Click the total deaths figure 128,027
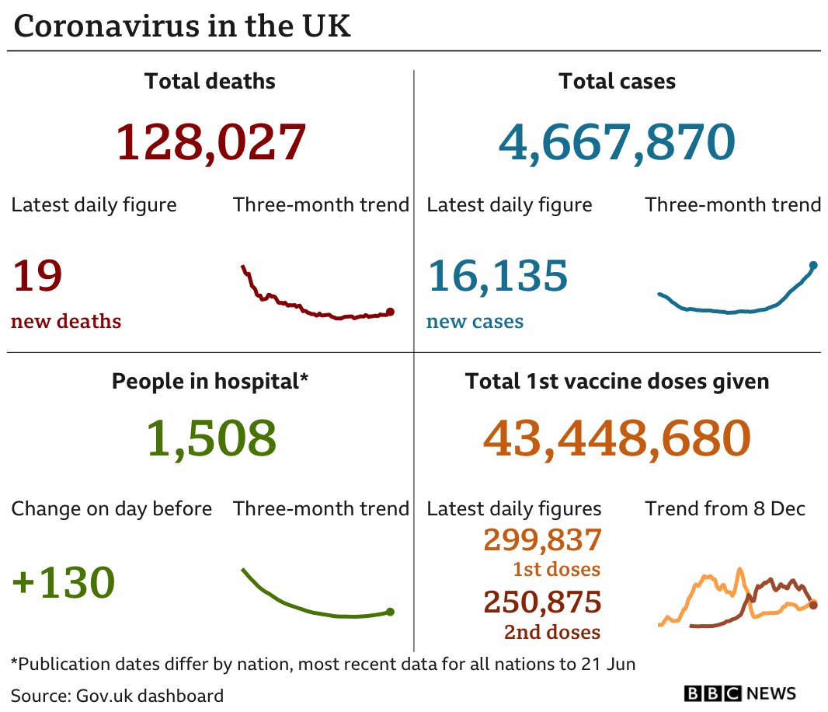tap(210, 141)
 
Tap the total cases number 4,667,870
tap(617, 141)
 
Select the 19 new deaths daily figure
tap(37, 275)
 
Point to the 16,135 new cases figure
tap(497, 276)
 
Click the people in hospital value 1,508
tap(210, 438)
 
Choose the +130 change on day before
tap(64, 582)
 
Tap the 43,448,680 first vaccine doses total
tap(617, 438)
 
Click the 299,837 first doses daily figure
tap(542, 539)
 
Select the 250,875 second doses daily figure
tap(542, 602)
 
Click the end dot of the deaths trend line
tap(390, 312)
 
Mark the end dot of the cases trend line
tap(814, 265)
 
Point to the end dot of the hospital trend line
tap(390, 612)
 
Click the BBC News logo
tap(739, 693)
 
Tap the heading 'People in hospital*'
tap(210, 382)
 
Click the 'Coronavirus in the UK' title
tap(183, 26)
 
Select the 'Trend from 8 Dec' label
tap(725, 508)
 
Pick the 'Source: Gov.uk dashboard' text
tap(117, 696)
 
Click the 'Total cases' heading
tap(618, 82)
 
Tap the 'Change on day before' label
tap(111, 509)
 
